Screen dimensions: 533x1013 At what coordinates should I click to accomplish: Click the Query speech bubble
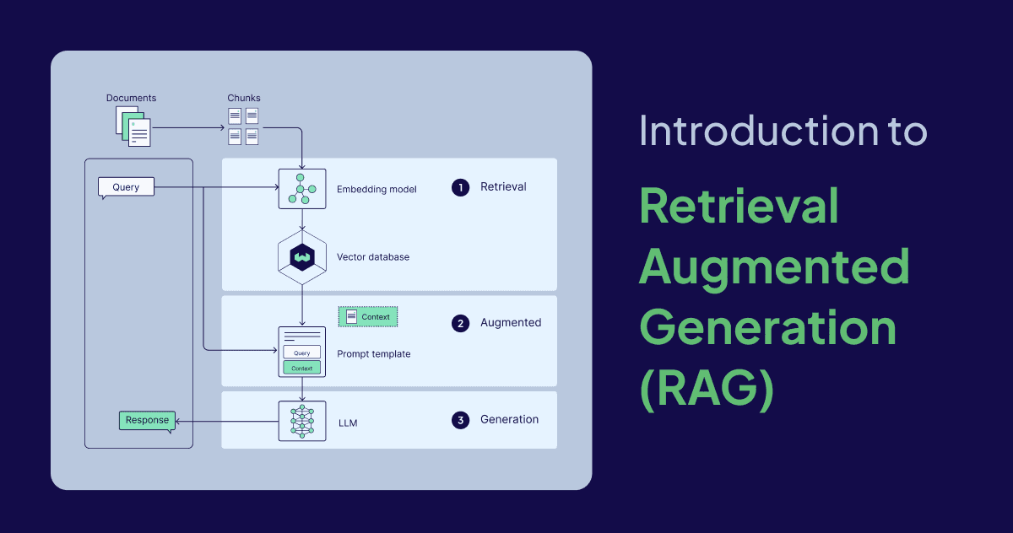126,186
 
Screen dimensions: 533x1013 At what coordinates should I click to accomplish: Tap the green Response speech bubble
147,420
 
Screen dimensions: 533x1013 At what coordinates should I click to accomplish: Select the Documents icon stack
133,127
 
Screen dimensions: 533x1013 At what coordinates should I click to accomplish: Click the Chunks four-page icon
243,126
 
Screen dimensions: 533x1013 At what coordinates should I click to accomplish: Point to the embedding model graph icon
301,189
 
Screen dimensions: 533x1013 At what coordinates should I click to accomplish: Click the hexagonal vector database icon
301,256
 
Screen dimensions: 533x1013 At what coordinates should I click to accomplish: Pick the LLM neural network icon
301,421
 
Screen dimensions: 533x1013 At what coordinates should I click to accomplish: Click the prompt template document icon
301,352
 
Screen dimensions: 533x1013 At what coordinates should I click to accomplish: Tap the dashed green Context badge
368,317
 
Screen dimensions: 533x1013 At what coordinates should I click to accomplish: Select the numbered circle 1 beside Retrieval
460,187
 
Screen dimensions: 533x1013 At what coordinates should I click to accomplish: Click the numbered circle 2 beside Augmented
460,323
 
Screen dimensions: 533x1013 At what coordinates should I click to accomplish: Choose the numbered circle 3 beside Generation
460,420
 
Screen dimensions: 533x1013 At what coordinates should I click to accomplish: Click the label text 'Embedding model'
376,189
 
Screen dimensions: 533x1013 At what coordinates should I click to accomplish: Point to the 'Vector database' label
372,256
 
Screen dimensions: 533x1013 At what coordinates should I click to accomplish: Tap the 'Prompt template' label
373,354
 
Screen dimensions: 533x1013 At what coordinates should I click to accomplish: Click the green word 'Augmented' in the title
773,266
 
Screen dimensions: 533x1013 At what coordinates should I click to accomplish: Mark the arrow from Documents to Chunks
187,127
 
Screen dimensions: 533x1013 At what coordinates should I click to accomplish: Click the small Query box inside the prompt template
301,353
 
